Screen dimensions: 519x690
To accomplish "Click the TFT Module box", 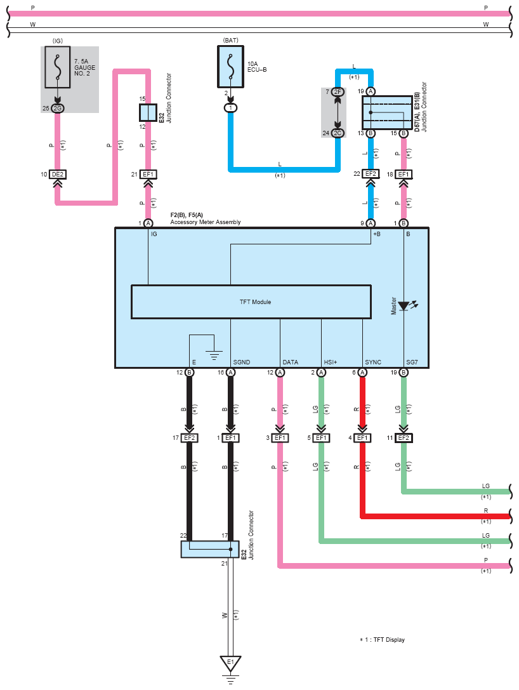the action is tap(251, 302).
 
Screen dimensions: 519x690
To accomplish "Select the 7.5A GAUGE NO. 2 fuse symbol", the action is tap(57, 67).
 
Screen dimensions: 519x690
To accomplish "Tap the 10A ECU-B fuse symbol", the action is tap(230, 67).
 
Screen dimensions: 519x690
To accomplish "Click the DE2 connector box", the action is tap(58, 175).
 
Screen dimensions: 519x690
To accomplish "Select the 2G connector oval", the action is tap(57, 109).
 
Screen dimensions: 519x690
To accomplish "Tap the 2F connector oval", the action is tap(338, 92).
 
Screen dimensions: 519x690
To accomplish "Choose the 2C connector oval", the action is tap(338, 133).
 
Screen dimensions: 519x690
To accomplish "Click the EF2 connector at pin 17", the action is tap(189, 438).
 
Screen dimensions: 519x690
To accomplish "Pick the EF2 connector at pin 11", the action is tap(404, 438).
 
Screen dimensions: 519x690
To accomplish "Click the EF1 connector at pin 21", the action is tap(148, 175).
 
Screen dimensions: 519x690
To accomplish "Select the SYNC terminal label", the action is tap(373, 362).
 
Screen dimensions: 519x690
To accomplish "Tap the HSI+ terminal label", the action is tap(331, 362).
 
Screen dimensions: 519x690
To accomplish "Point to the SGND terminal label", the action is tap(242, 362).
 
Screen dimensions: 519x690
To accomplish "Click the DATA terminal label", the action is tap(291, 362).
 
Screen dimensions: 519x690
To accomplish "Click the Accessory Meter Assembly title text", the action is tap(206, 222).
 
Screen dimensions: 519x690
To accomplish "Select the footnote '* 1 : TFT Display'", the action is tap(382, 640).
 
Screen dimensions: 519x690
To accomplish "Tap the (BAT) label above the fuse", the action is tap(230, 40).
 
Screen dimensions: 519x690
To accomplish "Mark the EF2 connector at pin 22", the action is tap(371, 174).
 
